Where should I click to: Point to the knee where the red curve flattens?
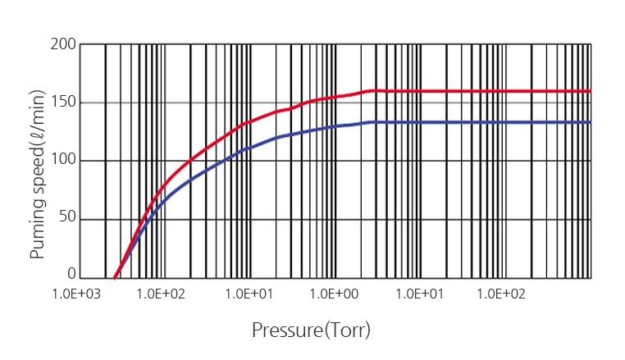pyautogui.click(x=374, y=90)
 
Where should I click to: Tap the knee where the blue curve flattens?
pyautogui.click(x=374, y=122)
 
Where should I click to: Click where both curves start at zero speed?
pyautogui.click(x=114, y=277)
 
